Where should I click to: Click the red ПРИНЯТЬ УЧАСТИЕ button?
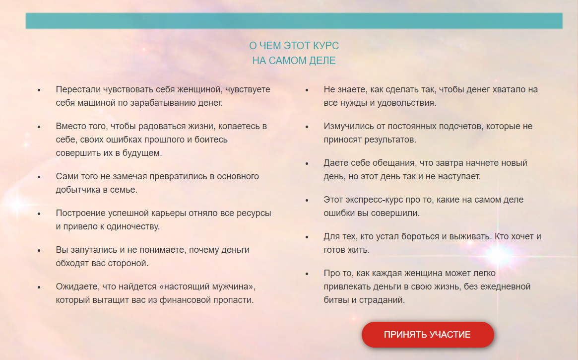click(428, 335)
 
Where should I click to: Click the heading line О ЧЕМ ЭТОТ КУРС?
click(294, 46)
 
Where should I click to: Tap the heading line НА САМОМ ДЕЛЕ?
click(294, 61)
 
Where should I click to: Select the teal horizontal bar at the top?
click(294, 21)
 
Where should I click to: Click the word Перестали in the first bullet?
click(78, 90)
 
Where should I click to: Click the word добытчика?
click(77, 190)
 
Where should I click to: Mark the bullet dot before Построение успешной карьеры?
click(39, 214)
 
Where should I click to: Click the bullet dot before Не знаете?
click(307, 90)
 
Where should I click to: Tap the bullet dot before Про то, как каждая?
click(307, 274)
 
